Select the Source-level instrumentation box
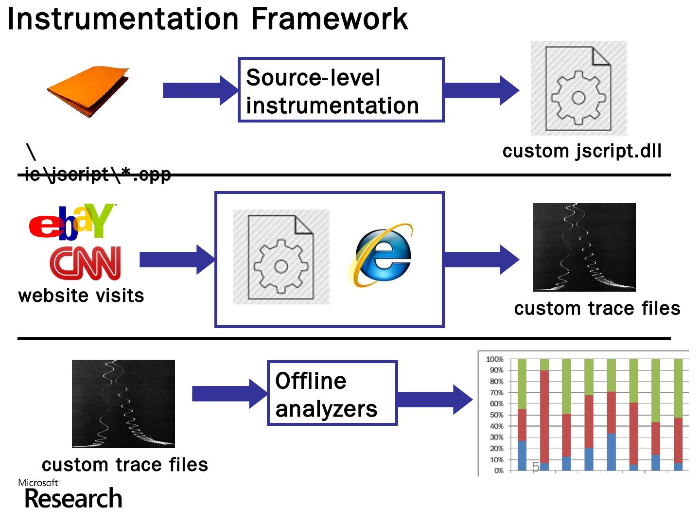click(x=341, y=90)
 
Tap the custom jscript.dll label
click(x=582, y=151)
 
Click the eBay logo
click(x=72, y=222)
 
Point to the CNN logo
click(x=85, y=262)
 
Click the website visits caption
click(x=81, y=296)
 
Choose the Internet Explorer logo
click(x=381, y=255)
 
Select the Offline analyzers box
click(x=332, y=393)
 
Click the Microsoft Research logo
click(x=70, y=494)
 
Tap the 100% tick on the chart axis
click(x=495, y=359)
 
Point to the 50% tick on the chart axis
click(x=496, y=415)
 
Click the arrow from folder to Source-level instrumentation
click(x=200, y=90)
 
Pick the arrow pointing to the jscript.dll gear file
click(x=481, y=90)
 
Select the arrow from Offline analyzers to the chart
click(x=435, y=400)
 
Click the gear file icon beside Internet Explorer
click(x=281, y=257)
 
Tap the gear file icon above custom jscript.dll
click(x=578, y=88)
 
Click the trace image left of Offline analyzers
click(x=123, y=403)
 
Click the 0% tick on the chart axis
click(x=498, y=471)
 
